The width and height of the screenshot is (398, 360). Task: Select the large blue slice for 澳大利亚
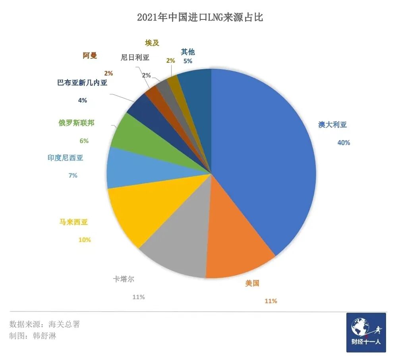point(270,159)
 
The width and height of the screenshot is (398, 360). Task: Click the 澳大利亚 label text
point(332,125)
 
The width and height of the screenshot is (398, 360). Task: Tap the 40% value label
point(344,143)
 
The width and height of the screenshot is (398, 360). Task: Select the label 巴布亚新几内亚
point(82,83)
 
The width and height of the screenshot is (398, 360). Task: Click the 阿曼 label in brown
point(90,56)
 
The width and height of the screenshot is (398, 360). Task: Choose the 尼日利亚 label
point(135,57)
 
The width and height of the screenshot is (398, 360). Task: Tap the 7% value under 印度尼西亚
point(73,175)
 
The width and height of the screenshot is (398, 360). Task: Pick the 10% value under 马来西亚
point(85,240)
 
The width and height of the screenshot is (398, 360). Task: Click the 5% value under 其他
point(187,61)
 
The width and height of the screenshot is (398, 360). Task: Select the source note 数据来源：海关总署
point(44,324)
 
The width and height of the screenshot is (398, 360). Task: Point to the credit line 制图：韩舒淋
point(33,336)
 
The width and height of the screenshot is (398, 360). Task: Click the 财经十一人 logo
point(366,332)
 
